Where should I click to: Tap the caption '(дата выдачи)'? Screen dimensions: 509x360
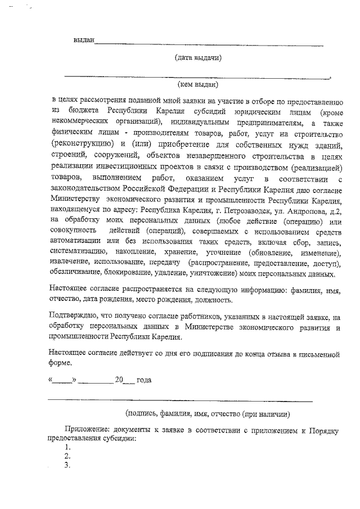198,57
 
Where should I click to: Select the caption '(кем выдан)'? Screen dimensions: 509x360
198,84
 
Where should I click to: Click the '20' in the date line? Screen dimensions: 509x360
119,380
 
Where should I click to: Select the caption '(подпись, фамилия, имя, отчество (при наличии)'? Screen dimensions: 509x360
208,415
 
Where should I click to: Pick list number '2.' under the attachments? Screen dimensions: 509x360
67,456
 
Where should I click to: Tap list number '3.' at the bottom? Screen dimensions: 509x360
67,466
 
